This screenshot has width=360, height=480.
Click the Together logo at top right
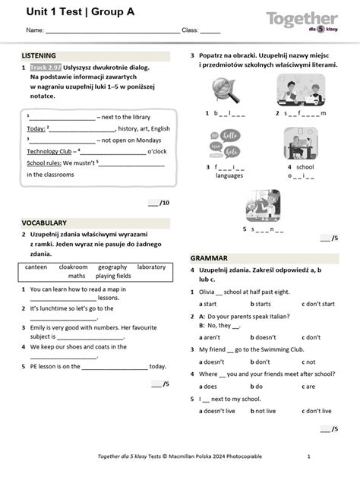pos(302,20)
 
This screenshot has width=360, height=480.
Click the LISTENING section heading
pos(39,56)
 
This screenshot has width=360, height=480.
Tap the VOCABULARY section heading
pos(44,223)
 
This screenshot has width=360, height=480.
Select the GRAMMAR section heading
pos(209,258)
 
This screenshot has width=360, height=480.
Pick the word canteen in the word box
pos(36,267)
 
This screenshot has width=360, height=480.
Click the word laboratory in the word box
pos(151,267)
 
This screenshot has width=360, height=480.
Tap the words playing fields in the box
pos(113,276)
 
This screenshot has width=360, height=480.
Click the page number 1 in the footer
pos(308,456)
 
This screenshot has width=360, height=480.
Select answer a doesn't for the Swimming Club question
pos(212,362)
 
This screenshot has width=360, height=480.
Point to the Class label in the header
pos(189,30)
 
